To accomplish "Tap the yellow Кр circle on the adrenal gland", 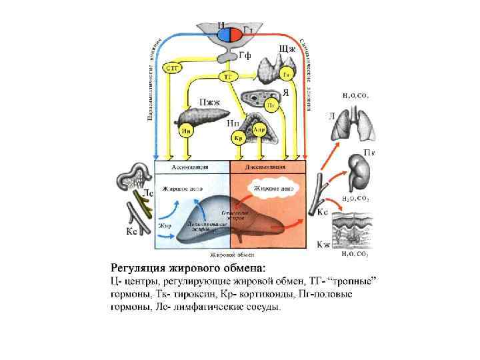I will click(x=238, y=138).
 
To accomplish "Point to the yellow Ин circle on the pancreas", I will click(x=187, y=132).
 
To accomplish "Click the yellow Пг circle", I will click(x=271, y=105).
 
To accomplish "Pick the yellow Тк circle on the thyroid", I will click(x=286, y=73).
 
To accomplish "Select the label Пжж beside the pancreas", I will click(x=211, y=102).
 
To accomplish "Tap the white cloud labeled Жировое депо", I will click(x=271, y=189).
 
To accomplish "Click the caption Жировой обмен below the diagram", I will click(x=231, y=254).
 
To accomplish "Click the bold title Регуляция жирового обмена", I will click(x=187, y=268).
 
